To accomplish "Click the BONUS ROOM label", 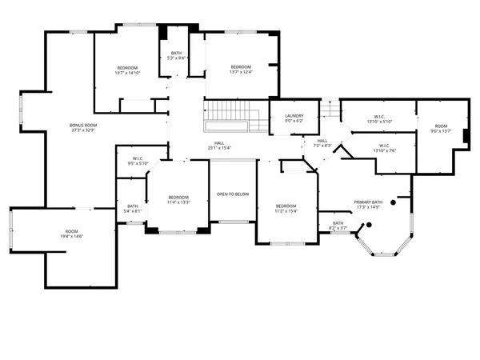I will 83,126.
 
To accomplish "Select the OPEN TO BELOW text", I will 233,194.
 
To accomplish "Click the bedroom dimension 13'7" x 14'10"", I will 128,73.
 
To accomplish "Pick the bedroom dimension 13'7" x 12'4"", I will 241,72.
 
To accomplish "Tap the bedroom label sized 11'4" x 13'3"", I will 178,198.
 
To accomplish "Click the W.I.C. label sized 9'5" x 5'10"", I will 137,158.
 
